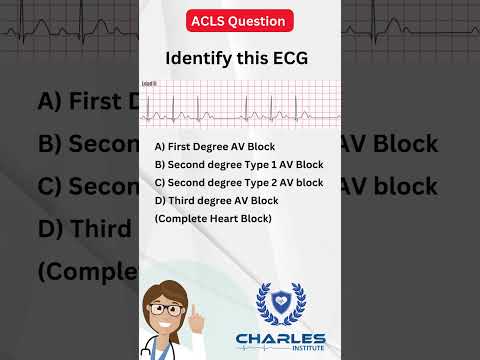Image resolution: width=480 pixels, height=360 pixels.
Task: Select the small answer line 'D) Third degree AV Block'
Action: tap(209, 200)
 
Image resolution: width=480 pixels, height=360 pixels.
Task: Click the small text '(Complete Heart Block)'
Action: tap(212, 218)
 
